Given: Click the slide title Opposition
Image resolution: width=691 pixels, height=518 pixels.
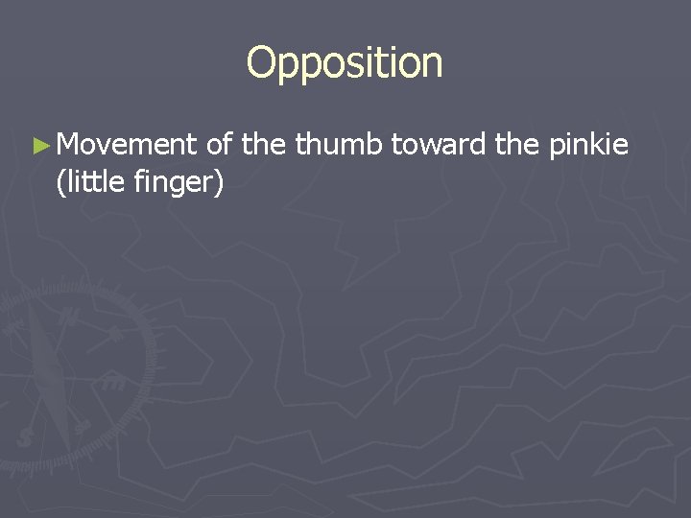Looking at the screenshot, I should [x=345, y=64].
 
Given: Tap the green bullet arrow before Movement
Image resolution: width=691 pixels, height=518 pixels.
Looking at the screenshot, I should [x=39, y=146].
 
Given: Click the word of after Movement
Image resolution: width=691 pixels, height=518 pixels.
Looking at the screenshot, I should [x=220, y=145].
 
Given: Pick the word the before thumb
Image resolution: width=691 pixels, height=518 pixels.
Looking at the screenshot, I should [x=264, y=145].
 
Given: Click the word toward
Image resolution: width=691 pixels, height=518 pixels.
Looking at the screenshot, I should [x=439, y=145].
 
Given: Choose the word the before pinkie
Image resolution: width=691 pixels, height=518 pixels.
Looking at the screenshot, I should [x=518, y=145].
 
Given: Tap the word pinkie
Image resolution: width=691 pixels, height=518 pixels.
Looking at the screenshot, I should [x=589, y=145].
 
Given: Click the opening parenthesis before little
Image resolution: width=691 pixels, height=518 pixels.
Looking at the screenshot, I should [x=60, y=180].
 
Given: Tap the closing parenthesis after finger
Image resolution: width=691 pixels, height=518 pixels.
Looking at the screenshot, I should [x=221, y=180].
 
